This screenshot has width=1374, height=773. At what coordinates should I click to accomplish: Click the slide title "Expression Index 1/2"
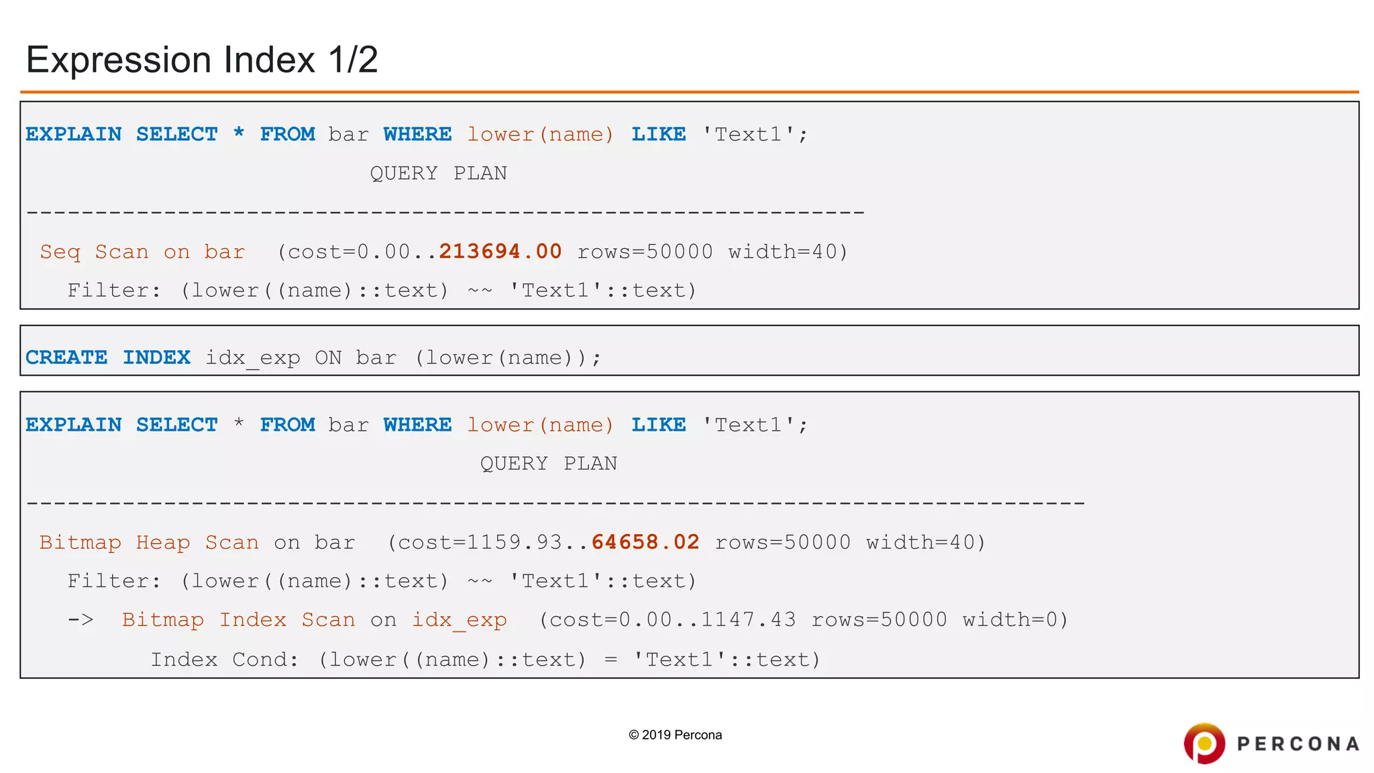(202, 60)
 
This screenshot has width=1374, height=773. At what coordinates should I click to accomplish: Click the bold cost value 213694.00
(500, 252)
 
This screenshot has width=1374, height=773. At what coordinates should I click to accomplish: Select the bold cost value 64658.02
(645, 542)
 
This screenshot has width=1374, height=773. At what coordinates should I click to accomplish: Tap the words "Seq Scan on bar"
(142, 252)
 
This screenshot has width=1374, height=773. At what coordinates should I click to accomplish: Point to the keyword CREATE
(66, 358)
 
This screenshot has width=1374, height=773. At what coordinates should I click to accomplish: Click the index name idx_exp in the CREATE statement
(252, 358)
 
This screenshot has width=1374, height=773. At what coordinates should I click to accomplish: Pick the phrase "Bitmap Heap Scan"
(149, 543)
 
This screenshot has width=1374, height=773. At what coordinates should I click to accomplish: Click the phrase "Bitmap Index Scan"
(238, 620)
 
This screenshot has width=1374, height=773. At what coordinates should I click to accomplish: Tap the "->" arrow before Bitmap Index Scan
(81, 620)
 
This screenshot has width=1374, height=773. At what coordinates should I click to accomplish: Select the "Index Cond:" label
(224, 660)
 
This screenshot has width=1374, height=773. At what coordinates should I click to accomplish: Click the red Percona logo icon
(1204, 743)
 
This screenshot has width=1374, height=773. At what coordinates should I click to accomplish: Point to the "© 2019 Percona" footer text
(675, 735)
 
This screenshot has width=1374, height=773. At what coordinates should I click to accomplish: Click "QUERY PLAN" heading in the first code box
(438, 174)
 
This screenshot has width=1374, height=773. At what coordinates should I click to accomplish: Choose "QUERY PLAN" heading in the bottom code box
(548, 464)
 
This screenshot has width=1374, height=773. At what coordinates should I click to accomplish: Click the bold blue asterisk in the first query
(239, 134)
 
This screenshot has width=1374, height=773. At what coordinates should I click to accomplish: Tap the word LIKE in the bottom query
(658, 425)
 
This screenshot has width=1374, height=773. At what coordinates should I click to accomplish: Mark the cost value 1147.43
(748, 620)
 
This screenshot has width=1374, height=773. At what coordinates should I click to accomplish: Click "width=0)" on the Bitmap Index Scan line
(1015, 620)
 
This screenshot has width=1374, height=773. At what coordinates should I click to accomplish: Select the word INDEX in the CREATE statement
(156, 358)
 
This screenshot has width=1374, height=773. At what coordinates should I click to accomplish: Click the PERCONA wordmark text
(1298, 744)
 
